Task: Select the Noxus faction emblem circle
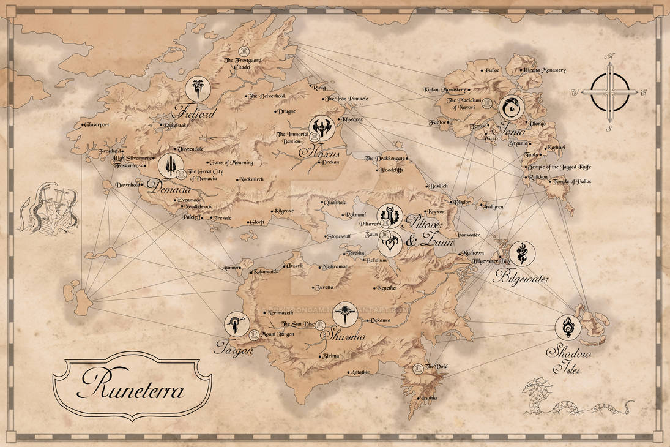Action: (x=321, y=127)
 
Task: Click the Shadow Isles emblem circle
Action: (x=568, y=328)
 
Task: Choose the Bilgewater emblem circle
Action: (x=522, y=253)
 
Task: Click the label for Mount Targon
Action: (x=278, y=334)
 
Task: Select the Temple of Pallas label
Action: (x=572, y=182)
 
